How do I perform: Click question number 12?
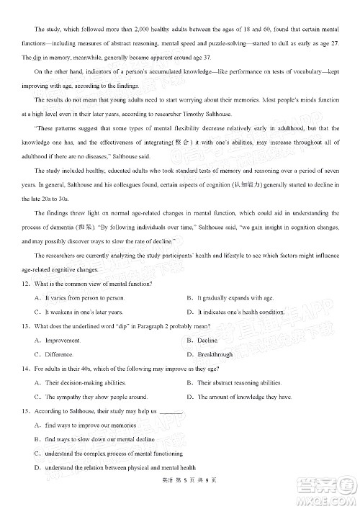[27, 284]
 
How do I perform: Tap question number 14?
[27, 369]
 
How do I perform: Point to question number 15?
[27, 410]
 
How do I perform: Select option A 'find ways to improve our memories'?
[90, 425]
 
